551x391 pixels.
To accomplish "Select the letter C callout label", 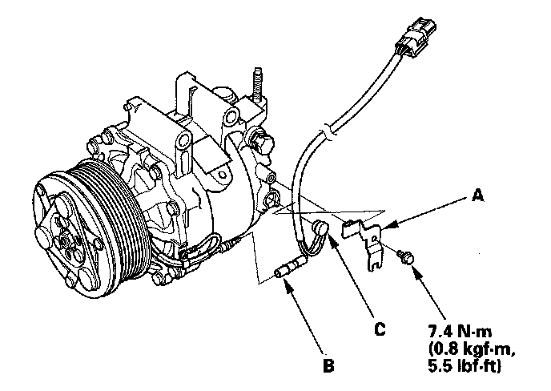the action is (x=380, y=328).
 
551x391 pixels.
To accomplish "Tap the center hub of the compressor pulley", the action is (x=65, y=238).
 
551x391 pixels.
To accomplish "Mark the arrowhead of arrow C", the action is (x=329, y=238).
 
